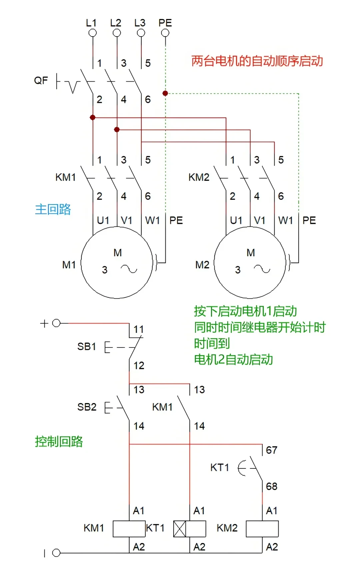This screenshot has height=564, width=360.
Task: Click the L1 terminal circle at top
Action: click(x=93, y=33)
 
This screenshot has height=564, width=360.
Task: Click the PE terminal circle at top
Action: click(x=165, y=33)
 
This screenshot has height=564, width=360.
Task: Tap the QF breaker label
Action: click(x=41, y=80)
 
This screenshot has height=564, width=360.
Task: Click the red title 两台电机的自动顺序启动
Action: click(x=257, y=61)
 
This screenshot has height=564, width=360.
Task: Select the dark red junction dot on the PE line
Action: click(x=165, y=93)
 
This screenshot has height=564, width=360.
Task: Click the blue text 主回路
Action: click(x=53, y=209)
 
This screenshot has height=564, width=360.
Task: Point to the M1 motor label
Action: click(x=69, y=265)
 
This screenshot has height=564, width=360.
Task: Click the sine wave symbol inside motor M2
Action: click(x=262, y=269)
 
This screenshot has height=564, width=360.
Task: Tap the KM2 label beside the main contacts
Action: click(x=199, y=177)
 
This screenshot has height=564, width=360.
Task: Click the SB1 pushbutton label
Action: click(x=87, y=346)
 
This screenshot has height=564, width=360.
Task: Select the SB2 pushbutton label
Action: click(x=87, y=407)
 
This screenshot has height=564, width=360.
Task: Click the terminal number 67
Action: click(x=272, y=450)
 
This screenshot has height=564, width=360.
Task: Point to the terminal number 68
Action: click(x=272, y=486)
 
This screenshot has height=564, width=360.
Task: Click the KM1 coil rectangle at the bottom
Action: click(x=129, y=529)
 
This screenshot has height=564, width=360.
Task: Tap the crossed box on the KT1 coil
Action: click(x=180, y=529)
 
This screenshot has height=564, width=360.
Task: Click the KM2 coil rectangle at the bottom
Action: click(x=262, y=529)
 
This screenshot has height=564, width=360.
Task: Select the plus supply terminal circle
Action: click(x=56, y=323)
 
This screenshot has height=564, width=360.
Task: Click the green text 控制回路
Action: click(x=59, y=441)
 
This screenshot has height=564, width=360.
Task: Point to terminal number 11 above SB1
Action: click(x=139, y=329)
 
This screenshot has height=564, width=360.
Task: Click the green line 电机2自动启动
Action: click(x=234, y=359)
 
